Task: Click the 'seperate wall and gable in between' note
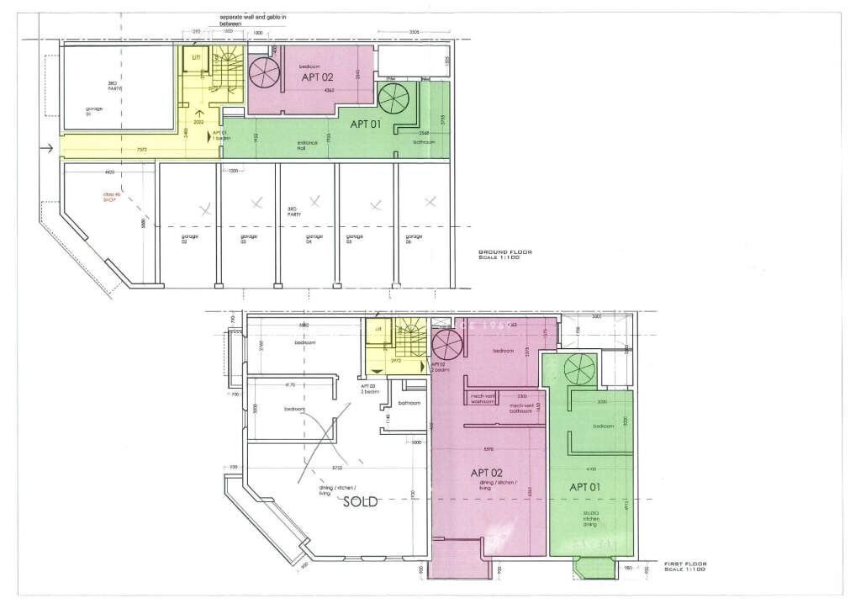[253, 20]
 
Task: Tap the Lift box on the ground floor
[196, 57]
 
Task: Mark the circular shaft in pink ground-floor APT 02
[265, 72]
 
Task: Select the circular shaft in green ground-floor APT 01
[393, 99]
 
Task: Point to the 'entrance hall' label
[308, 145]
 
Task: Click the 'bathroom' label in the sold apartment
[409, 403]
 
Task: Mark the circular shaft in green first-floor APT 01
[579, 368]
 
